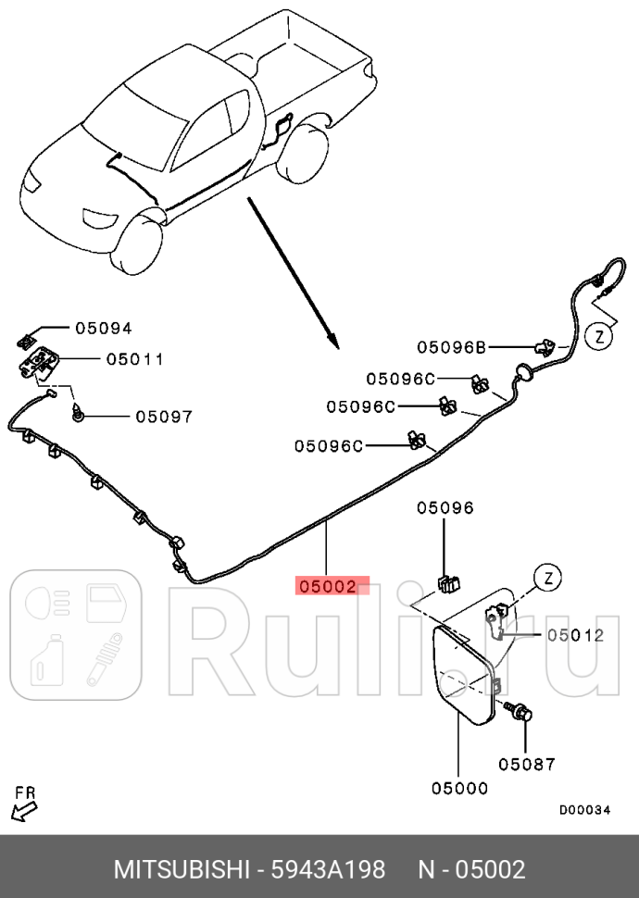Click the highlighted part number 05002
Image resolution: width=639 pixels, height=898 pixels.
327,586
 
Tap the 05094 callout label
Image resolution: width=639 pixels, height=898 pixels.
104,328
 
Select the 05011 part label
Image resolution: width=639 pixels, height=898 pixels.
134,359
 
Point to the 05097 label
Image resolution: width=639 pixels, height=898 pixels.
164,417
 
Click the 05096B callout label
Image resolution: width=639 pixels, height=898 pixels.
451,347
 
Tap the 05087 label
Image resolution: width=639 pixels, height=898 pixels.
526,764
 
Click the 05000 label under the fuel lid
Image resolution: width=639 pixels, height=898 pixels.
459,788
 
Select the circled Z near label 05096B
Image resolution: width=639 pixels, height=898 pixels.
600,336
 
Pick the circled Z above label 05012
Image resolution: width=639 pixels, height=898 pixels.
548,579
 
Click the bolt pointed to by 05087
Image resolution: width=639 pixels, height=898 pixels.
522,713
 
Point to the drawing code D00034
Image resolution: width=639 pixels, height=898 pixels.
584,810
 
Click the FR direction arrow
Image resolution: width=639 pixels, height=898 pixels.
24,809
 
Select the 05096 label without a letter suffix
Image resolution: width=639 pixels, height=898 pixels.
445,507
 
